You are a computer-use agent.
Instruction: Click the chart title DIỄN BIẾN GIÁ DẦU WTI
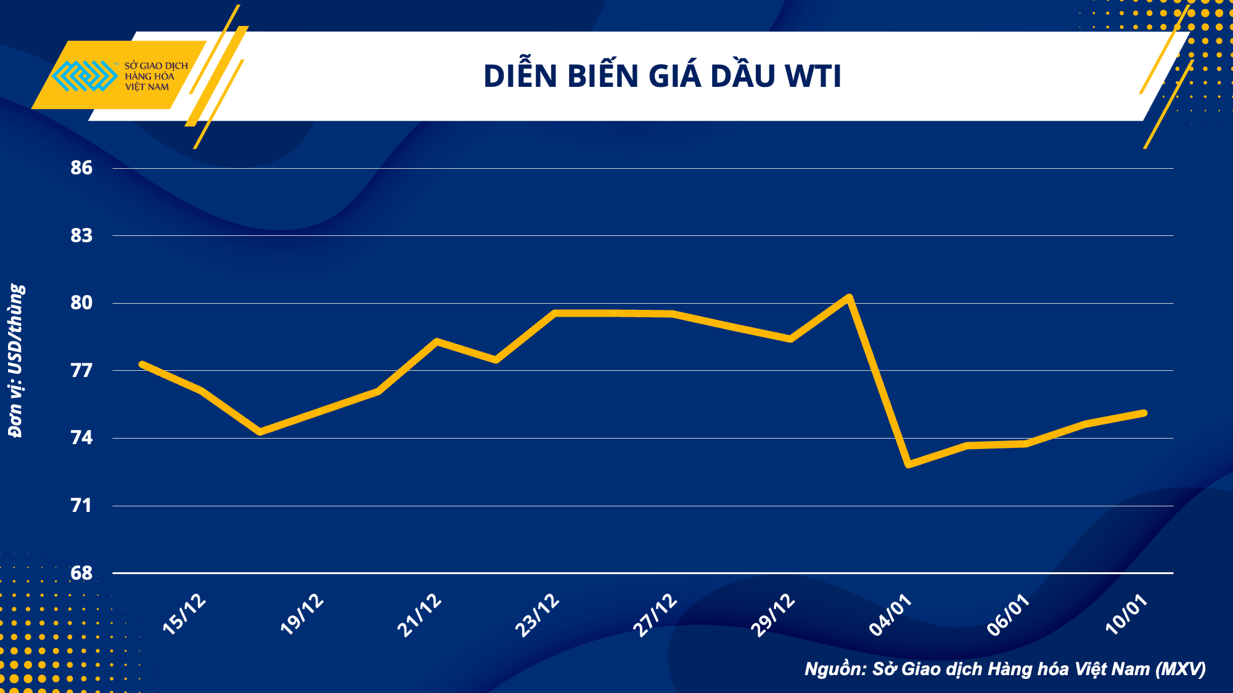662,76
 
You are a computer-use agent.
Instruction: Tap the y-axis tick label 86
81,168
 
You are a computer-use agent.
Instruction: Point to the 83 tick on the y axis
81,235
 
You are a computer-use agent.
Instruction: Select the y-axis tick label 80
81,302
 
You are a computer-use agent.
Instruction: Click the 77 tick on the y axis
81,370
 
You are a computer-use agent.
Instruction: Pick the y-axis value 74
81,438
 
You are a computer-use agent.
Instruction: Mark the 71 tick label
81,506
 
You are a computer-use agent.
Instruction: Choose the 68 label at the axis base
81,573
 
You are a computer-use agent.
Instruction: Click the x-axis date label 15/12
184,614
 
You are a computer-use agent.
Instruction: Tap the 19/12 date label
301,614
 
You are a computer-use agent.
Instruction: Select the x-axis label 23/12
537,614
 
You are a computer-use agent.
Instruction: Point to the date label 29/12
772,614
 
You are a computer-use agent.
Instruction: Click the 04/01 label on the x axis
890,614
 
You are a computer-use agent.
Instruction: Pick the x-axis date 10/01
1126,614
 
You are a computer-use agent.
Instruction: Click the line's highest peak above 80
850,298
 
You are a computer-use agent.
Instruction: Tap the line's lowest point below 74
909,464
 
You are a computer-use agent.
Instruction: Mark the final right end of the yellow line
1144,413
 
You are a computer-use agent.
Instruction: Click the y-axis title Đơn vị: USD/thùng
16,360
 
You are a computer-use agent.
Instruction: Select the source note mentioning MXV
1005,669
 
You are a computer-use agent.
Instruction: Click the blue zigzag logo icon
84,76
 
